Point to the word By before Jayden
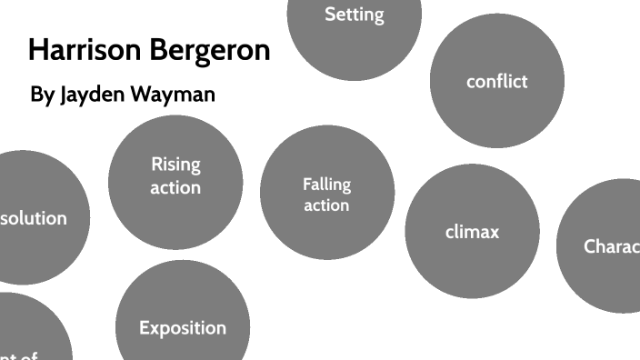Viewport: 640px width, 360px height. [42, 95]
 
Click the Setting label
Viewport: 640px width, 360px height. [355, 15]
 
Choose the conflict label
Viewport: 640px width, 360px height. [496, 81]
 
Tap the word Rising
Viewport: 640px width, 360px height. [175, 165]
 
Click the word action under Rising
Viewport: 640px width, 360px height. [175, 187]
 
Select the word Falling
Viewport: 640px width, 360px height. [326, 184]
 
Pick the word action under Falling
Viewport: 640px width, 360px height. [326, 205]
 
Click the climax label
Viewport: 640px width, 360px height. [472, 232]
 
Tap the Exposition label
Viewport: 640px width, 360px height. [183, 327]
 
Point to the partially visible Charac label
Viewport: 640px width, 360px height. [611, 245]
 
